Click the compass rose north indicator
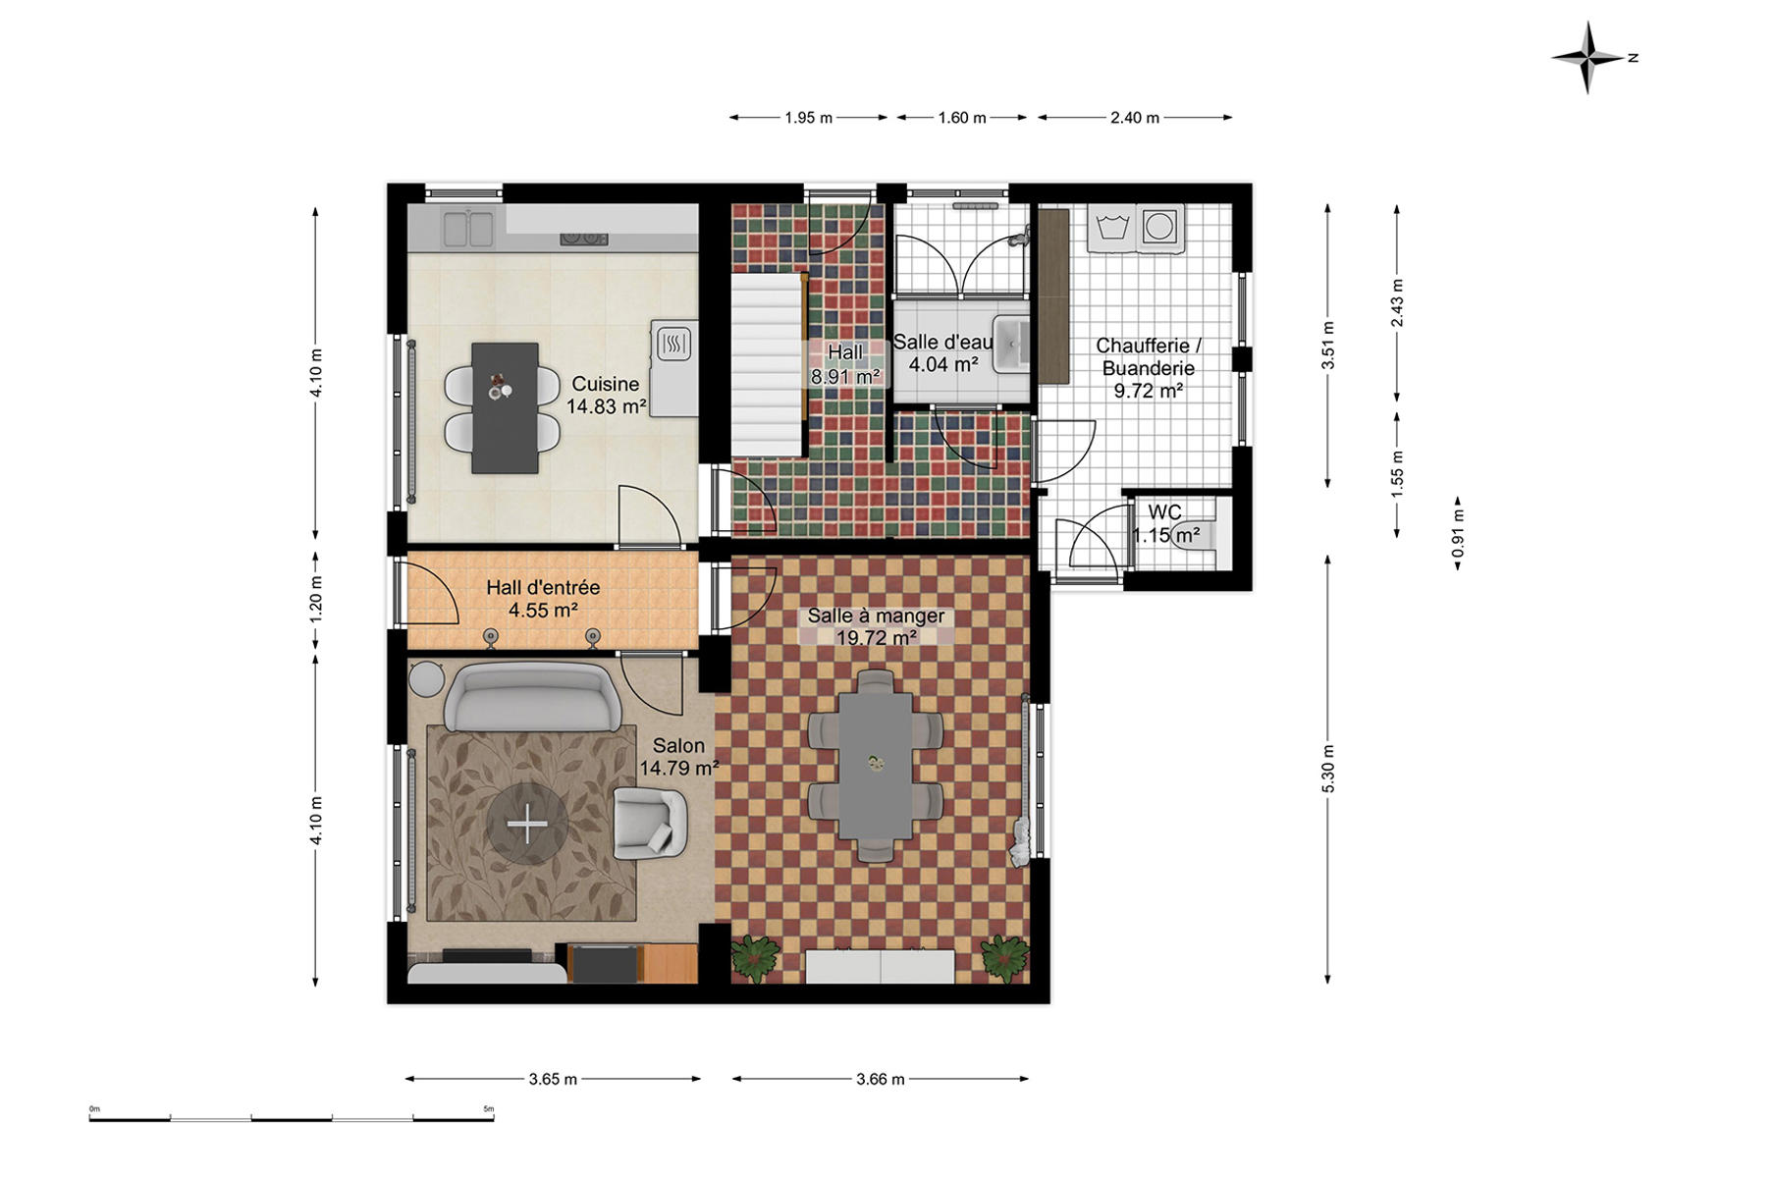coord(1588,58)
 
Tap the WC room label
coord(1165,512)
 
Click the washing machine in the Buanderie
coord(1159,227)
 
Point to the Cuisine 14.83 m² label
coord(606,395)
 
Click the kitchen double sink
coord(468,229)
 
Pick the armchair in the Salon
coord(649,823)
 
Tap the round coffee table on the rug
coord(527,824)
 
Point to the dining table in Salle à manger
coord(875,764)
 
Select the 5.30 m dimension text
coord(1328,769)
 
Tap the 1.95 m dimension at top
coord(808,118)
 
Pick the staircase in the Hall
coord(767,364)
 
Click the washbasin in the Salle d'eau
coord(1010,344)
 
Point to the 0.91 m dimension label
coord(1458,533)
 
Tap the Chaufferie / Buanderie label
coord(1149,368)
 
